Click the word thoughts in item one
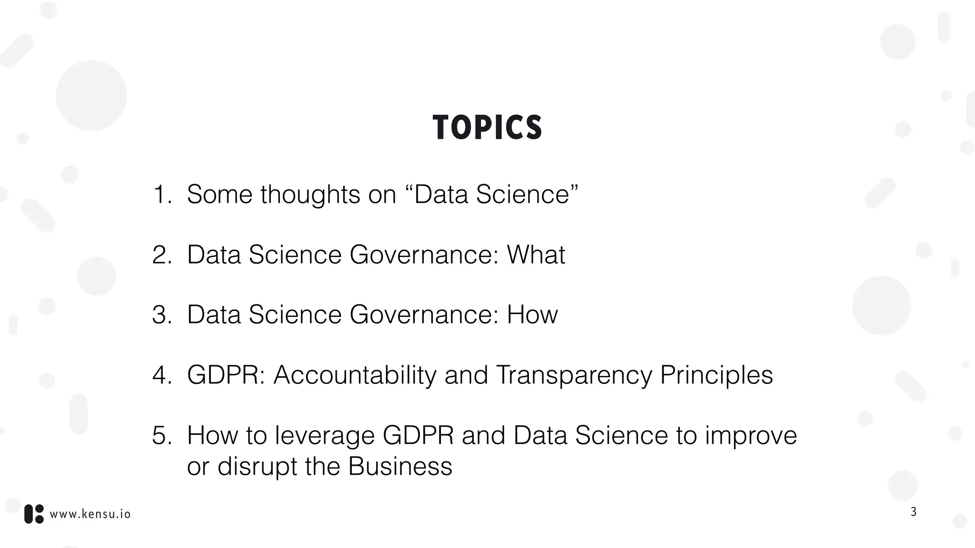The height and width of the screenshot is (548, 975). click(x=310, y=195)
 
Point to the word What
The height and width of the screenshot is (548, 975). click(x=536, y=254)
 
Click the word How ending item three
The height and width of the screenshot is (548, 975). click(x=532, y=315)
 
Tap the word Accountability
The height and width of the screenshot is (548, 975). click(x=355, y=375)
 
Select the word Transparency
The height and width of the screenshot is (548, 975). click(x=573, y=375)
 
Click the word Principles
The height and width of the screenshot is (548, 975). click(x=716, y=375)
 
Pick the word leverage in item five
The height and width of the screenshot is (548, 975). click(x=325, y=436)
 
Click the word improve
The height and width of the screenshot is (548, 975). click(x=751, y=436)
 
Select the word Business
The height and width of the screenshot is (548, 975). click(x=400, y=466)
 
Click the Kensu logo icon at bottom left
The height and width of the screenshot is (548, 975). click(x=34, y=514)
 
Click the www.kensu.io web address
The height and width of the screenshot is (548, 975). click(x=90, y=514)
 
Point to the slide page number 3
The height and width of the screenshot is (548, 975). click(x=913, y=512)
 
